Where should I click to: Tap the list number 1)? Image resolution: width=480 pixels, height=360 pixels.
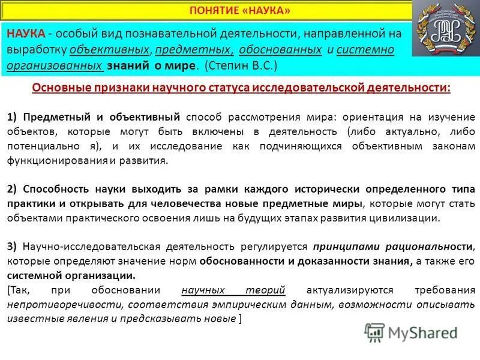tap(13, 117)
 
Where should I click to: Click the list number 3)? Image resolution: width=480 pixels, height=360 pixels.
tap(13, 247)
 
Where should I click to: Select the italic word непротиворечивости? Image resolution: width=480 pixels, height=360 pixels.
tap(56, 305)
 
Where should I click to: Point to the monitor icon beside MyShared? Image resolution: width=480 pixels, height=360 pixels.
tap(374, 332)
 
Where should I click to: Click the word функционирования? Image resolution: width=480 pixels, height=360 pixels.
tap(58, 161)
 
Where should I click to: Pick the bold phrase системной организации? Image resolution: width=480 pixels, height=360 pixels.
tap(71, 276)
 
